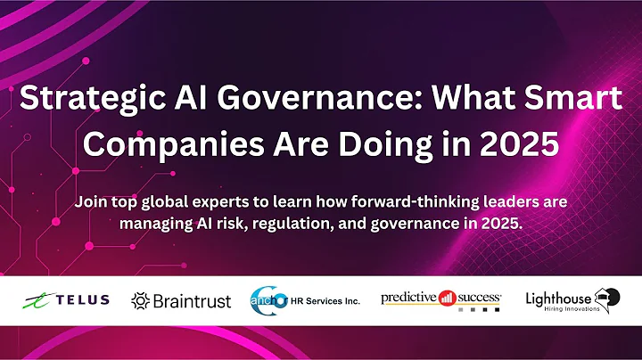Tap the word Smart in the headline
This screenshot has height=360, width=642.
click(572, 100)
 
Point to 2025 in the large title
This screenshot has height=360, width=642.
click(522, 143)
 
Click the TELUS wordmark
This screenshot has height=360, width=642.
click(80, 300)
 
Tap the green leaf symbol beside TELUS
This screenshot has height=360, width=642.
click(37, 299)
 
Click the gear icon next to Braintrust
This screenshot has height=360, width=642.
click(140, 300)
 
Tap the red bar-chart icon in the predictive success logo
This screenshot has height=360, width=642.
click(448, 298)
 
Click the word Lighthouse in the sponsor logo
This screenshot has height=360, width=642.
click(557, 296)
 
